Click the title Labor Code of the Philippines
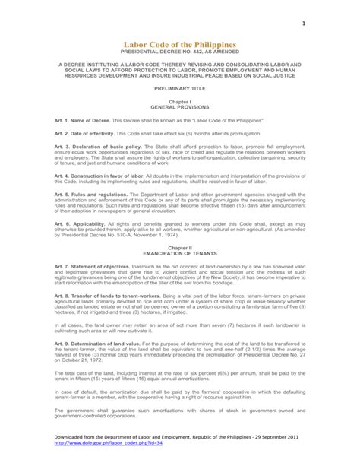tap(180, 46)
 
